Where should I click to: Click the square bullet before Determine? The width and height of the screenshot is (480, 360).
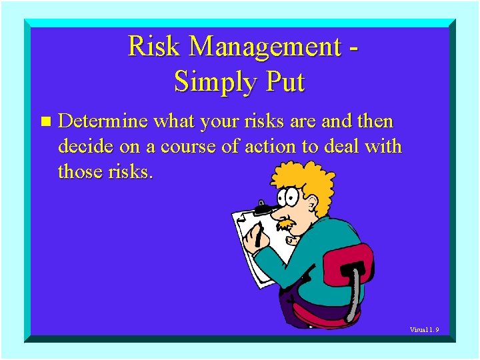[45, 122]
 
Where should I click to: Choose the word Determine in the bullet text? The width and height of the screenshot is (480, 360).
[103, 122]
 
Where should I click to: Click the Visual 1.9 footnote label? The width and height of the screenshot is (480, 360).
[424, 329]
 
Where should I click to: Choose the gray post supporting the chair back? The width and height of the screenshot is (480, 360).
[357, 293]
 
